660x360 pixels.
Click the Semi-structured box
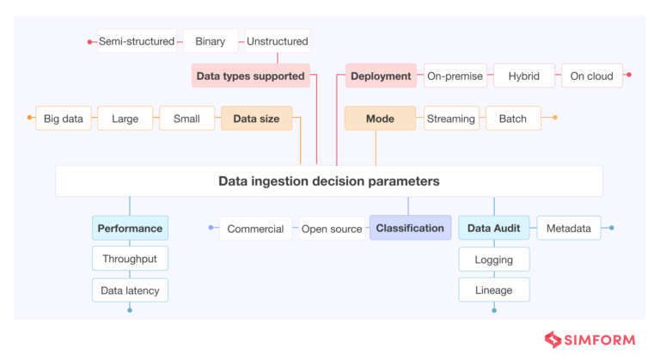(x=137, y=41)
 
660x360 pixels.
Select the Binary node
(x=210, y=41)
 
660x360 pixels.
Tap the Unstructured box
(x=277, y=41)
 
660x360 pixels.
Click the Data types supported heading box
(x=250, y=76)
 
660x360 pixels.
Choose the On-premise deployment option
(x=455, y=76)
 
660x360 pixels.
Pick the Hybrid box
(x=523, y=76)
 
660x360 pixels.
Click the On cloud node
(x=591, y=76)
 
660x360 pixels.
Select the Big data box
(x=64, y=119)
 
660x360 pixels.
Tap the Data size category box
(x=256, y=119)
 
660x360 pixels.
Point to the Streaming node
(x=450, y=119)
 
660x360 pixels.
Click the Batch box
(x=513, y=119)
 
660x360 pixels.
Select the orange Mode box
(x=380, y=119)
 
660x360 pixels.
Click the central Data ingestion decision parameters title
(x=329, y=181)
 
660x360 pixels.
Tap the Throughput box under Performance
(x=130, y=259)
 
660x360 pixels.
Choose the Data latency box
(x=130, y=290)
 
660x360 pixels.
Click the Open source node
(x=332, y=229)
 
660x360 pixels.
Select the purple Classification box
(x=410, y=228)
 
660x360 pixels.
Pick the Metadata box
(x=568, y=229)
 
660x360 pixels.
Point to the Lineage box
(x=493, y=290)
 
